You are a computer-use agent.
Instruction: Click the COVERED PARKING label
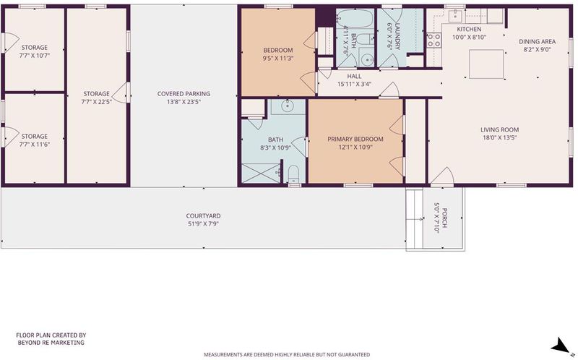[x=184, y=94]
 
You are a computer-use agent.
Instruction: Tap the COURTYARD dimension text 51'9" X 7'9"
[x=203, y=224]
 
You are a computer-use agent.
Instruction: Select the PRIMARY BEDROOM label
[x=355, y=139]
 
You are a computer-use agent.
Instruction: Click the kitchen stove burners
[x=434, y=40]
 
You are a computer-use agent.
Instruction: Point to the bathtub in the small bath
[x=355, y=18]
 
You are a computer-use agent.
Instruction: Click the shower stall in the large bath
[x=261, y=173]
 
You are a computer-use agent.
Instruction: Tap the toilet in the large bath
[x=293, y=173]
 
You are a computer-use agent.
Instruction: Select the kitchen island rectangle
[x=486, y=64]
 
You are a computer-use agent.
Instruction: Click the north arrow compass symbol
[x=562, y=346]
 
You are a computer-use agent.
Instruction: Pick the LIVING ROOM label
[x=499, y=130]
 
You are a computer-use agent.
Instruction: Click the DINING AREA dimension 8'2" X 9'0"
[x=537, y=49]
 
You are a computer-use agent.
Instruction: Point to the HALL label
[x=354, y=77]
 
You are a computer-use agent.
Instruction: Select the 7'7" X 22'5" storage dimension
[x=97, y=102]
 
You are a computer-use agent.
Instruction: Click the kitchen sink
[x=455, y=15]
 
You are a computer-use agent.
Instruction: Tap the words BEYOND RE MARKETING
[x=51, y=343]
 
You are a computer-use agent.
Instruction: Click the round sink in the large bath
[x=287, y=106]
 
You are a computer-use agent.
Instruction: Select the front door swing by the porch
[x=442, y=175]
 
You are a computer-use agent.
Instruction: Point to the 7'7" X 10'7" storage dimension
[x=34, y=56]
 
